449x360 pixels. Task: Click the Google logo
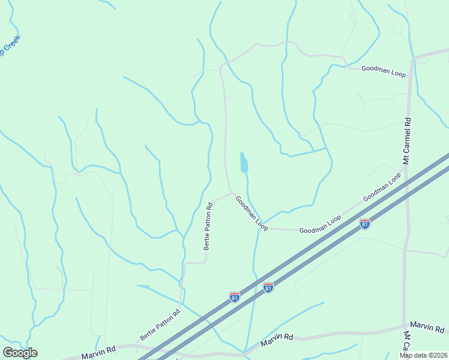(x=20, y=352)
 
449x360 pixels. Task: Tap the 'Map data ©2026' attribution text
(x=423, y=355)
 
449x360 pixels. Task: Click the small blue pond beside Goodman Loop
(x=244, y=162)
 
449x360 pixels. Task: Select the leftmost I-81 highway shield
(x=235, y=296)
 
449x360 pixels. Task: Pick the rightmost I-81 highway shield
(x=364, y=224)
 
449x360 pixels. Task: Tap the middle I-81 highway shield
(x=268, y=287)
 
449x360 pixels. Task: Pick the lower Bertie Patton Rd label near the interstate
(x=160, y=325)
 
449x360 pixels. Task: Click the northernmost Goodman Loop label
(x=384, y=71)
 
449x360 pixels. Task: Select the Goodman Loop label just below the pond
(x=252, y=213)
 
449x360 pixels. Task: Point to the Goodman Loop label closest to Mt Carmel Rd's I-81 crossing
(x=382, y=187)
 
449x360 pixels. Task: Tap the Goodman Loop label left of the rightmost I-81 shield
(x=320, y=224)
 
